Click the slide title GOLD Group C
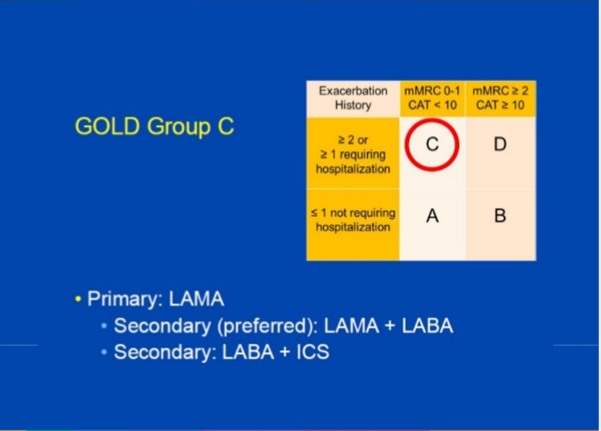coord(154,126)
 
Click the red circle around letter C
coord(432,144)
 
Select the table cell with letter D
coord(500,144)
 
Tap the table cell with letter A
coord(432,216)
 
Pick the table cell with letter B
coord(500,216)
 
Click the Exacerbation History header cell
coord(352,98)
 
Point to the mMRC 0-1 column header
coord(432,91)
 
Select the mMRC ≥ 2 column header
coord(500,91)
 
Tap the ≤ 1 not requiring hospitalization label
coord(352,220)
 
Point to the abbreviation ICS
coord(313,352)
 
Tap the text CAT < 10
coord(432,105)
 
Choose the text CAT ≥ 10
coord(500,105)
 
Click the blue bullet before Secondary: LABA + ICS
coord(105,352)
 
